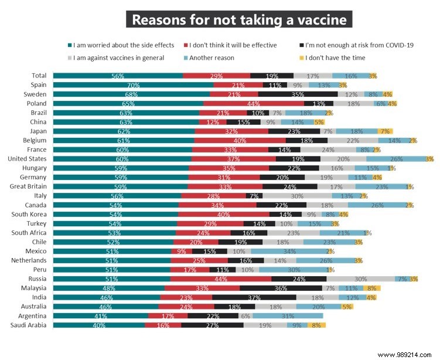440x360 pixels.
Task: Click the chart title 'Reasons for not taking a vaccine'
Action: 239,19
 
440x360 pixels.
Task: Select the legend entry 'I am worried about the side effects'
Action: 122,45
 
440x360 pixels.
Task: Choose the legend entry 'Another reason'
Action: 216,58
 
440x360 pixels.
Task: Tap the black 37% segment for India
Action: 254,297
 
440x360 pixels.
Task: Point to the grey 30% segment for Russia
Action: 360,279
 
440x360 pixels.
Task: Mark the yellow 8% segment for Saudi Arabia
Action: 316,325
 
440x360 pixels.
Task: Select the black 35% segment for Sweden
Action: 298,94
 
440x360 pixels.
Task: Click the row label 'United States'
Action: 27,159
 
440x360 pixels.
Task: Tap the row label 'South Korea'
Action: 31,214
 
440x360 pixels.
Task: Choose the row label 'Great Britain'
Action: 29,186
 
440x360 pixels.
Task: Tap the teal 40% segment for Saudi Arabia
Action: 99,325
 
